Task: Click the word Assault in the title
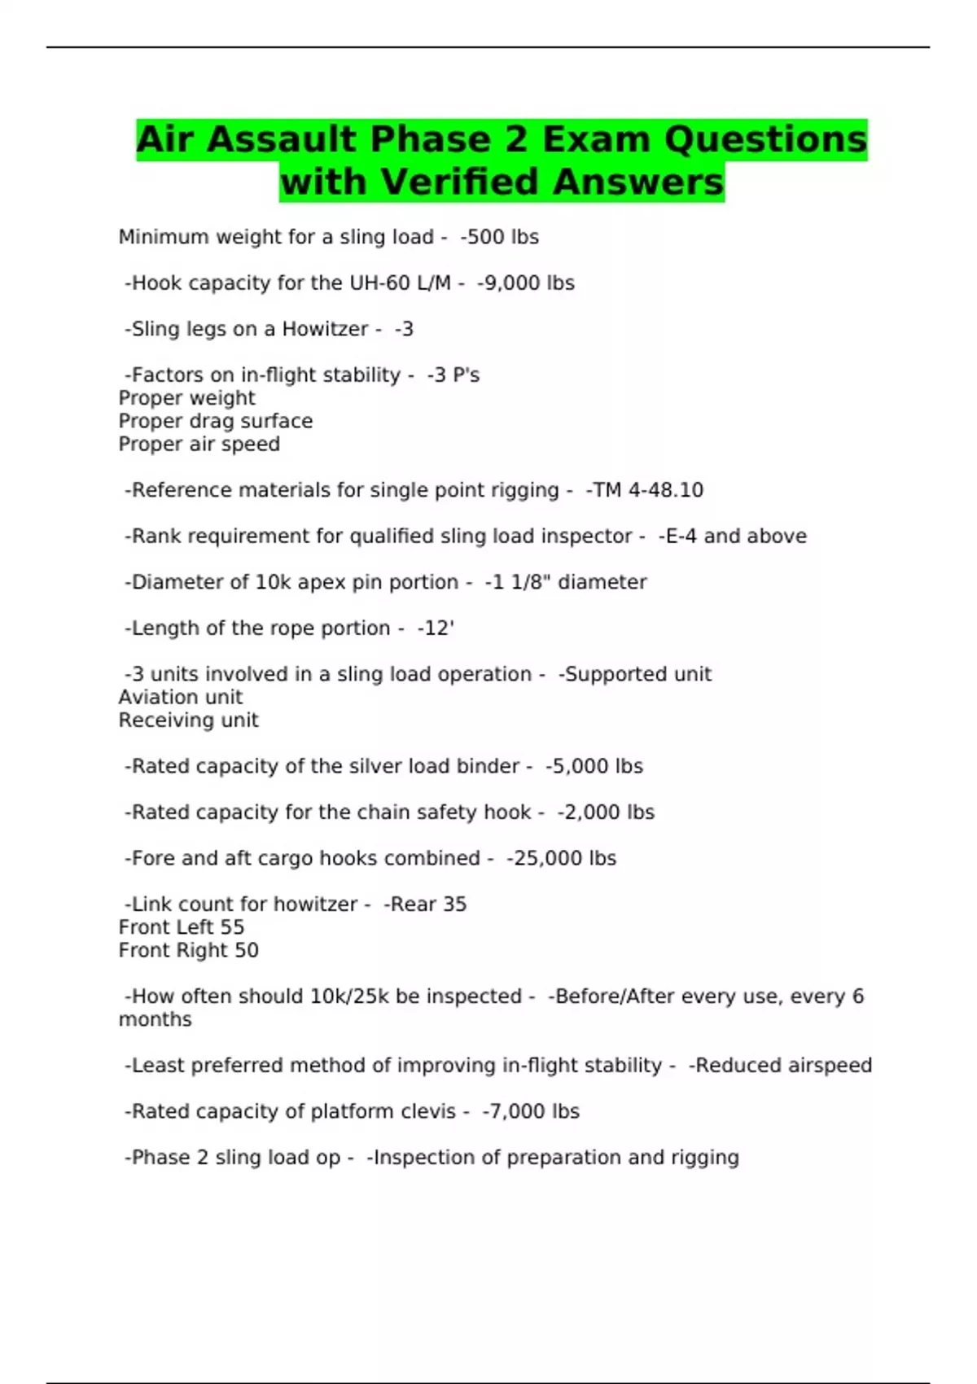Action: click(x=281, y=140)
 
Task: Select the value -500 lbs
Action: click(x=500, y=237)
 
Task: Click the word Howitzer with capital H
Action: click(x=325, y=329)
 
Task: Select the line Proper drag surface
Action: click(x=216, y=421)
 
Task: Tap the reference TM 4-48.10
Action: click(x=646, y=490)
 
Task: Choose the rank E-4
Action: click(x=680, y=537)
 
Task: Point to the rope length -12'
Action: click(x=436, y=628)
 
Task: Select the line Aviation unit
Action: click(x=181, y=698)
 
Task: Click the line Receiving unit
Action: click(x=189, y=720)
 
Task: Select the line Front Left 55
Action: click(x=182, y=927)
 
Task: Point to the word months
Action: click(x=156, y=1019)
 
